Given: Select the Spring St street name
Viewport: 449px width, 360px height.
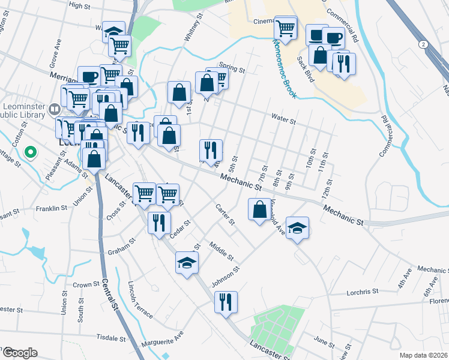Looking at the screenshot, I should (232, 68).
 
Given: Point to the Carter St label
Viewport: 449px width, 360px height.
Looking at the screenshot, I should (225, 215).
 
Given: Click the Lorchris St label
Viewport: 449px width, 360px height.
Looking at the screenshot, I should (363, 292).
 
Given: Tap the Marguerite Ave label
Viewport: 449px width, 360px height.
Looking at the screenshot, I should (161, 343).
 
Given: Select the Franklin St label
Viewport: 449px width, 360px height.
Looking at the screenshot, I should (51, 208).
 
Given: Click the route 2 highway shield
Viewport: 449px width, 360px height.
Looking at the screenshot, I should (424, 45).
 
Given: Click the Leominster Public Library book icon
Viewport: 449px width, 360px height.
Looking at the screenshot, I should (55, 110).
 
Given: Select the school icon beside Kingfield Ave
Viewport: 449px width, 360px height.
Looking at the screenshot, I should (297, 228).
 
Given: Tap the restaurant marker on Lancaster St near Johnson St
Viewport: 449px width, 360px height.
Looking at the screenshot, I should (226, 301).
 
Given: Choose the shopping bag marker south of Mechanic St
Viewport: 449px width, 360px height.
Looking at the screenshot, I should (259, 209).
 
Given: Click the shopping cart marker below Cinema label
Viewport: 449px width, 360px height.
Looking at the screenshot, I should (286, 28).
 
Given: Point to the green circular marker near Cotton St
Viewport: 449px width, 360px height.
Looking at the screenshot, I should (29, 152).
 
